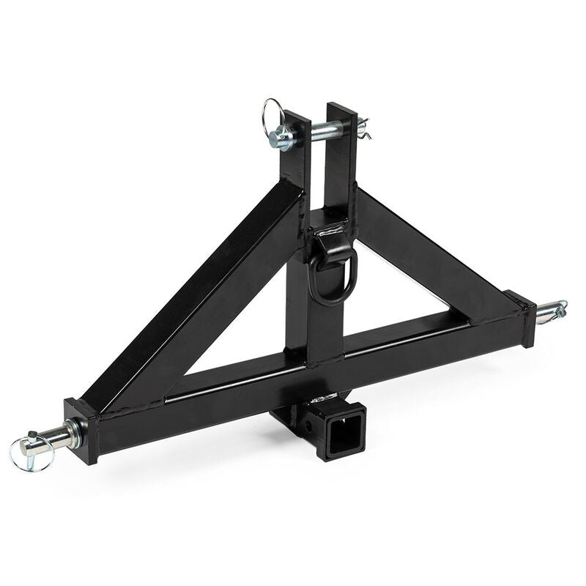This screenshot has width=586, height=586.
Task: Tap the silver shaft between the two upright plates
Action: pyautogui.click(x=319, y=133)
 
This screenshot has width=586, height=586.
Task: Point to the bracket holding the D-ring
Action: pyautogui.click(x=331, y=232)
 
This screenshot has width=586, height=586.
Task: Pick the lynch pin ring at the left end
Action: pyautogui.click(x=25, y=454)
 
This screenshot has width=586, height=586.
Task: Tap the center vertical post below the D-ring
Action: pyautogui.click(x=322, y=330)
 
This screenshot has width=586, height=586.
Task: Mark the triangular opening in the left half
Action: pyautogui.click(x=234, y=344)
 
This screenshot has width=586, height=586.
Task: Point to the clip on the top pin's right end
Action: pyautogui.click(x=363, y=130)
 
